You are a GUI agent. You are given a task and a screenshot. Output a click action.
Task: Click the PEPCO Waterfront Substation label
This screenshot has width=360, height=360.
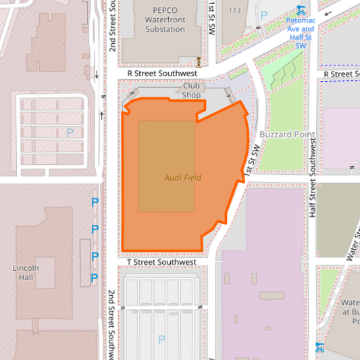click(165, 20)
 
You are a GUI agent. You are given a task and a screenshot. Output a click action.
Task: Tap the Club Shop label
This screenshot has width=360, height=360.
click(191, 91)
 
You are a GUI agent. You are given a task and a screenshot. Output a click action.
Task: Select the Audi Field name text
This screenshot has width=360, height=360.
click(182, 178)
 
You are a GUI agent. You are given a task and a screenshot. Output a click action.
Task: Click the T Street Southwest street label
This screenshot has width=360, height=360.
click(161, 262)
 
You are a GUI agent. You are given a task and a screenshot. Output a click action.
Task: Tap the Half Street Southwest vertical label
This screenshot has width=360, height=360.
click(313, 176)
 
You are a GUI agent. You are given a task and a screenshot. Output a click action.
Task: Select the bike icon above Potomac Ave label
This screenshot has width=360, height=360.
click(301, 10)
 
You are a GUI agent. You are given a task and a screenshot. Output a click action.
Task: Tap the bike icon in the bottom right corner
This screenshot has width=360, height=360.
click(319, 347)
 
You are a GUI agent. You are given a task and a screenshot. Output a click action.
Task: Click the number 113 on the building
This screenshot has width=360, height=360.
click(234, 10)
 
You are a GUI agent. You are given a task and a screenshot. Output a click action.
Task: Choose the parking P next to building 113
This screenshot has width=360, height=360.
click(264, 14)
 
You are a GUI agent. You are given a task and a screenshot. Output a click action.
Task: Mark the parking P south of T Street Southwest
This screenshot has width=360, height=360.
click(161, 339)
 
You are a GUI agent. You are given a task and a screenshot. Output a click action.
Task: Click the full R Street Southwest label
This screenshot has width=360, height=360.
click(161, 73)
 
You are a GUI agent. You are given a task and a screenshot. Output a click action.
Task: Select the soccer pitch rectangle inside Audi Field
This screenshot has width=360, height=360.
click(166, 166)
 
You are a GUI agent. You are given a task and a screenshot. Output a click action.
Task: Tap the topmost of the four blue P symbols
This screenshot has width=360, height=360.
click(95, 202)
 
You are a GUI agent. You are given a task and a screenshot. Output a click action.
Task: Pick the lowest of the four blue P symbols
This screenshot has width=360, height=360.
click(95, 278)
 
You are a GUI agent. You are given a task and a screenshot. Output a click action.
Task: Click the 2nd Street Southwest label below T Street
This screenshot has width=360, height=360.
click(111, 324)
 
